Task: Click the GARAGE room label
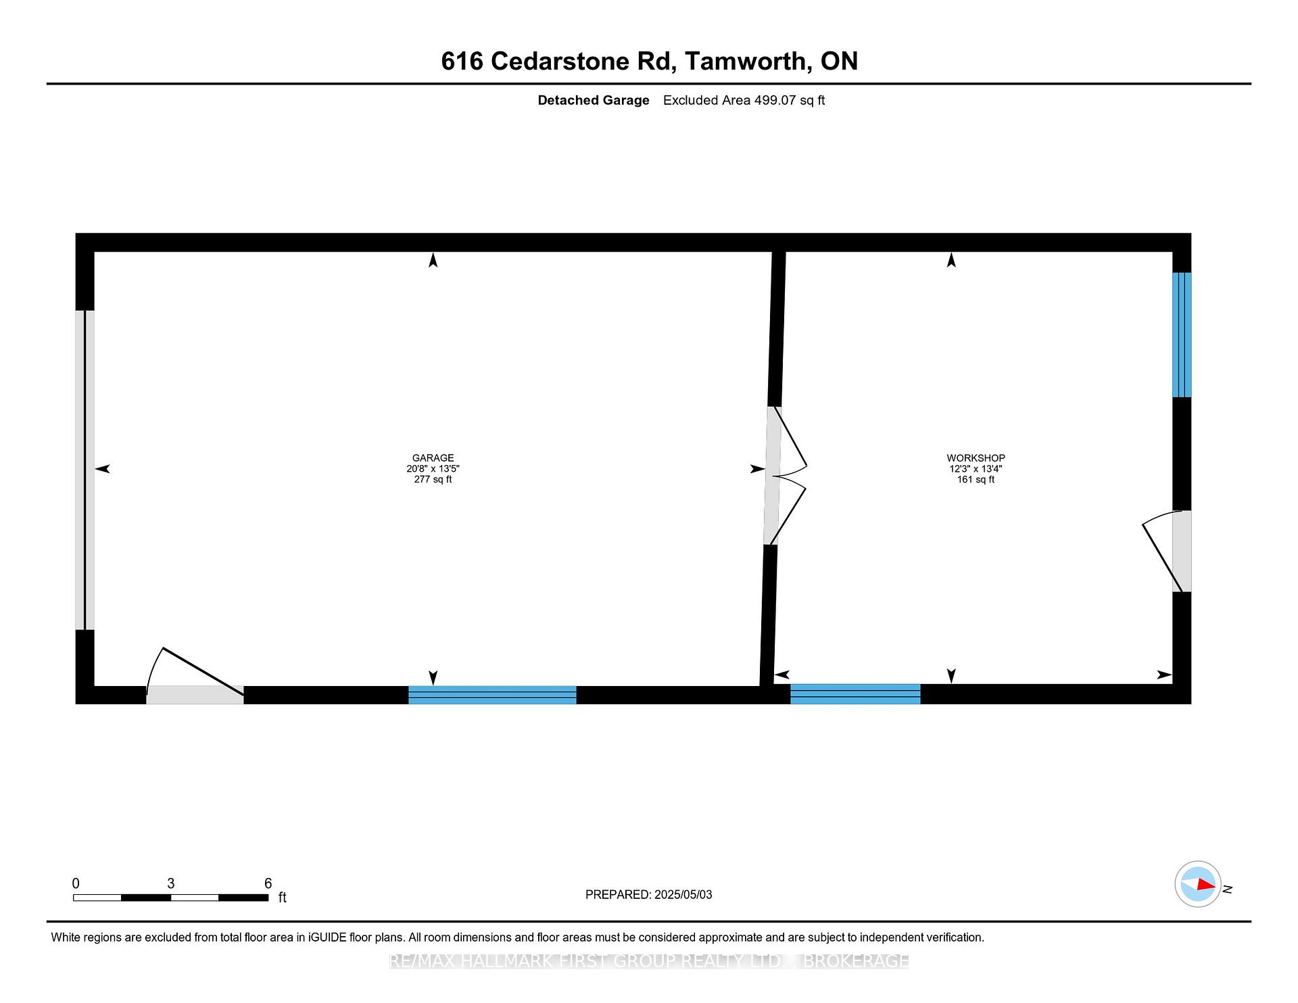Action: point(433,458)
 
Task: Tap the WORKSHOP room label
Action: point(976,458)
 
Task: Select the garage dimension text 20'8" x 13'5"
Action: point(433,468)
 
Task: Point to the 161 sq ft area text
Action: point(976,479)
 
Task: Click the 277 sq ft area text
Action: point(433,479)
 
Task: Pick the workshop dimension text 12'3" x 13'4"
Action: point(976,468)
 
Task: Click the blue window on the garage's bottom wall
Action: point(492,695)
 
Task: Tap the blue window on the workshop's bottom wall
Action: point(855,694)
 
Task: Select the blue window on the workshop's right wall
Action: point(1182,335)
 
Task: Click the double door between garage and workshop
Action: point(784,476)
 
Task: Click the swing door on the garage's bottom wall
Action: point(195,676)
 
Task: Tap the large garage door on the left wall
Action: point(85,470)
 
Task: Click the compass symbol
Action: point(1199,883)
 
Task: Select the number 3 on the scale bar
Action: point(171,883)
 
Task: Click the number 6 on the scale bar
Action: point(268,883)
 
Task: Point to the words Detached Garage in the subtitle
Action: point(594,100)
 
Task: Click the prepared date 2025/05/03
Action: point(683,894)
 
